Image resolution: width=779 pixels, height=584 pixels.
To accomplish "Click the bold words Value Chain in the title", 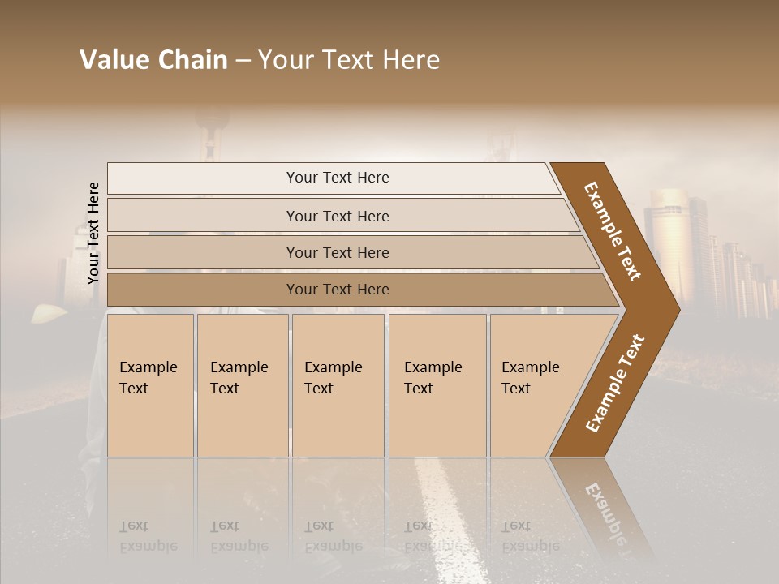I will (153, 60).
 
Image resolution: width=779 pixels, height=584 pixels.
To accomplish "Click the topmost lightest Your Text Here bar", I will (337, 178).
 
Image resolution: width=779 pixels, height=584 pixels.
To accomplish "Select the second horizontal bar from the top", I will (337, 216).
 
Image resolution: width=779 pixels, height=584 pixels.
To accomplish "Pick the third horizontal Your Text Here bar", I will (337, 252).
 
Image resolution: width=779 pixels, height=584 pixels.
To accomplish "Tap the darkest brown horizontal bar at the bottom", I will (337, 290).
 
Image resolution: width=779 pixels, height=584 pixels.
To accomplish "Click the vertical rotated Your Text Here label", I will (93, 234).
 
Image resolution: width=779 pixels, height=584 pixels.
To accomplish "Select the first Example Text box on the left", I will (150, 385).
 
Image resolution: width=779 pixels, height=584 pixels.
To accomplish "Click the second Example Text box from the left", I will (242, 385).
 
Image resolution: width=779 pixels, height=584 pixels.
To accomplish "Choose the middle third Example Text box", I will (337, 385).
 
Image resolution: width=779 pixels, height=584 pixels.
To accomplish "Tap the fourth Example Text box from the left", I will (437, 385).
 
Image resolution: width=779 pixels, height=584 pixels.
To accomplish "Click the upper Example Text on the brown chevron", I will (613, 231).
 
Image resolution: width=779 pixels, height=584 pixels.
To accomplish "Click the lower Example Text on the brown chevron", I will (614, 383).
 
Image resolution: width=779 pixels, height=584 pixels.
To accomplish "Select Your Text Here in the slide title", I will (349, 60).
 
